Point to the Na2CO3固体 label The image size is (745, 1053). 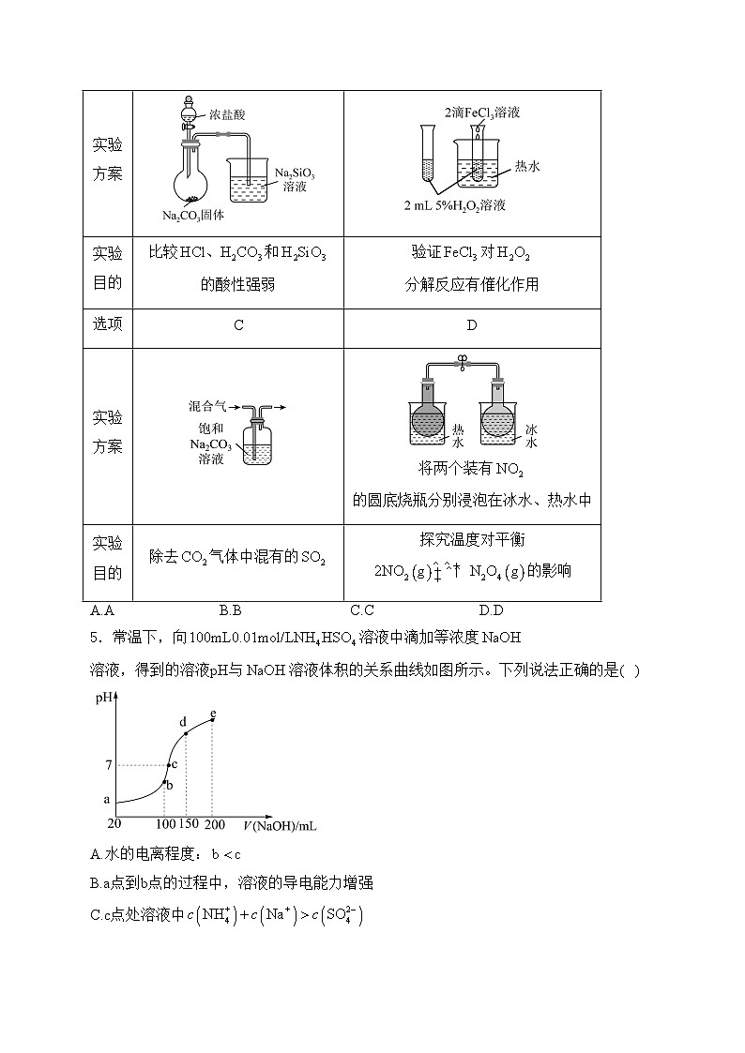(x=193, y=216)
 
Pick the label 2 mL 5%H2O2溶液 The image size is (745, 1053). (x=455, y=205)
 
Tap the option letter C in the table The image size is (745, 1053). (x=238, y=324)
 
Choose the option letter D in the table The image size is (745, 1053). (x=471, y=324)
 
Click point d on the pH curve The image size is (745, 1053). (x=185, y=732)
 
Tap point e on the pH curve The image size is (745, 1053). (x=213, y=719)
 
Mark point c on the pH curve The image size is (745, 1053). (x=167, y=765)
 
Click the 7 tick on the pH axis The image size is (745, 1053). (x=109, y=765)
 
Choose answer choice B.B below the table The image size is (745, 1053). (x=231, y=610)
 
